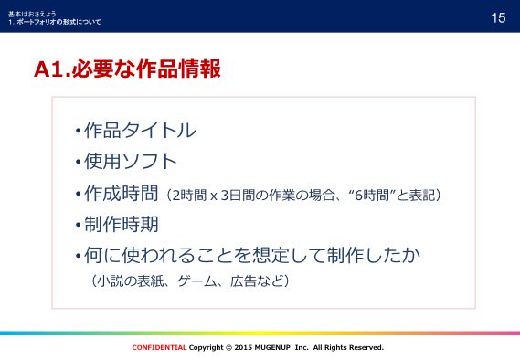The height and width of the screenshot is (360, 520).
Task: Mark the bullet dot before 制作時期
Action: tap(79, 225)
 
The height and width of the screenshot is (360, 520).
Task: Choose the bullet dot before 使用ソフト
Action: tap(79, 164)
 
